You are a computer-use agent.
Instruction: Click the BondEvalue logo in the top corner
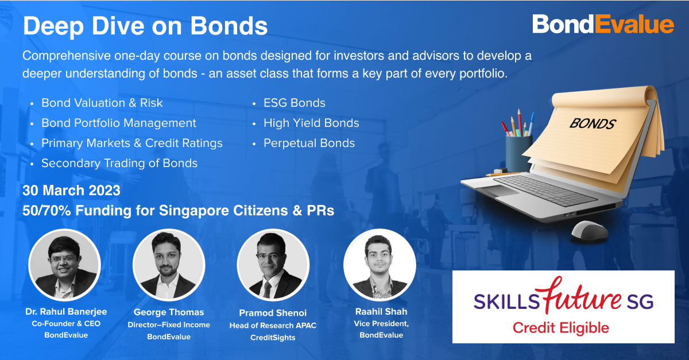pos(603,24)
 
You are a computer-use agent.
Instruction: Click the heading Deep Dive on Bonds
pos(145,26)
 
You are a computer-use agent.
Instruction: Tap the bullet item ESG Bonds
pos(295,103)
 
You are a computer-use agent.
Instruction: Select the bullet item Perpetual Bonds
pos(309,143)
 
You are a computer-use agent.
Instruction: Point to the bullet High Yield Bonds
pos(311,123)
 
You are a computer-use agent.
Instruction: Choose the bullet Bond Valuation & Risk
pos(102,103)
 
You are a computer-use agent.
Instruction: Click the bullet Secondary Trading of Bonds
pos(119,163)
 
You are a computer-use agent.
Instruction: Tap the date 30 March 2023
pos(71,191)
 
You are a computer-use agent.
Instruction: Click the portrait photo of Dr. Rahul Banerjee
pos(64,265)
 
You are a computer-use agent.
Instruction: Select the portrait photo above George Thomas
pos(169,265)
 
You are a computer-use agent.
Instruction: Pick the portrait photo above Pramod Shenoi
pos(273,265)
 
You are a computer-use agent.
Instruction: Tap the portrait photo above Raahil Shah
pos(380,265)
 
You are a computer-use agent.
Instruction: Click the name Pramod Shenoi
pos(273,313)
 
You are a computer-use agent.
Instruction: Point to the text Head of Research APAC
pos(273,326)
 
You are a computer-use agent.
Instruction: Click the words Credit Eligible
pos(561,328)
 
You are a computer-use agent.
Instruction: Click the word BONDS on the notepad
pos(592,123)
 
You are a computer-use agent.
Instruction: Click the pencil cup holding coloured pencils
pos(519,154)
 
